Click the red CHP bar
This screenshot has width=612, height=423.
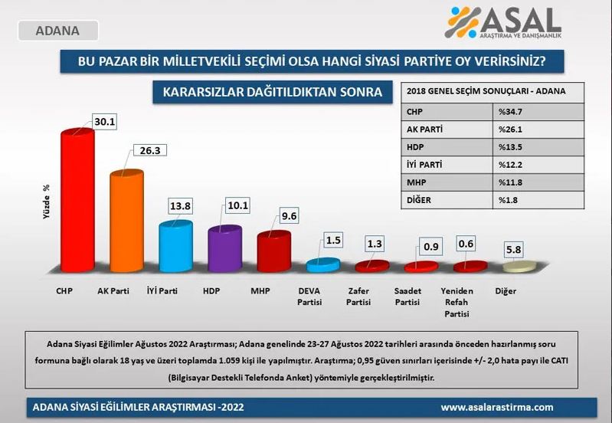point(77,203)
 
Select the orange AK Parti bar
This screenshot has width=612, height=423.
point(126,222)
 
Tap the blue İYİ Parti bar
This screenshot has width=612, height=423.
point(175,247)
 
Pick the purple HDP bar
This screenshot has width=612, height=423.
point(224,251)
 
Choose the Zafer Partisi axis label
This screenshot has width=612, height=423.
point(358,297)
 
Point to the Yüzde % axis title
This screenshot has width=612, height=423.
point(46,202)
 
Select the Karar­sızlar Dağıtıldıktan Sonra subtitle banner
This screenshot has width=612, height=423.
point(273,93)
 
